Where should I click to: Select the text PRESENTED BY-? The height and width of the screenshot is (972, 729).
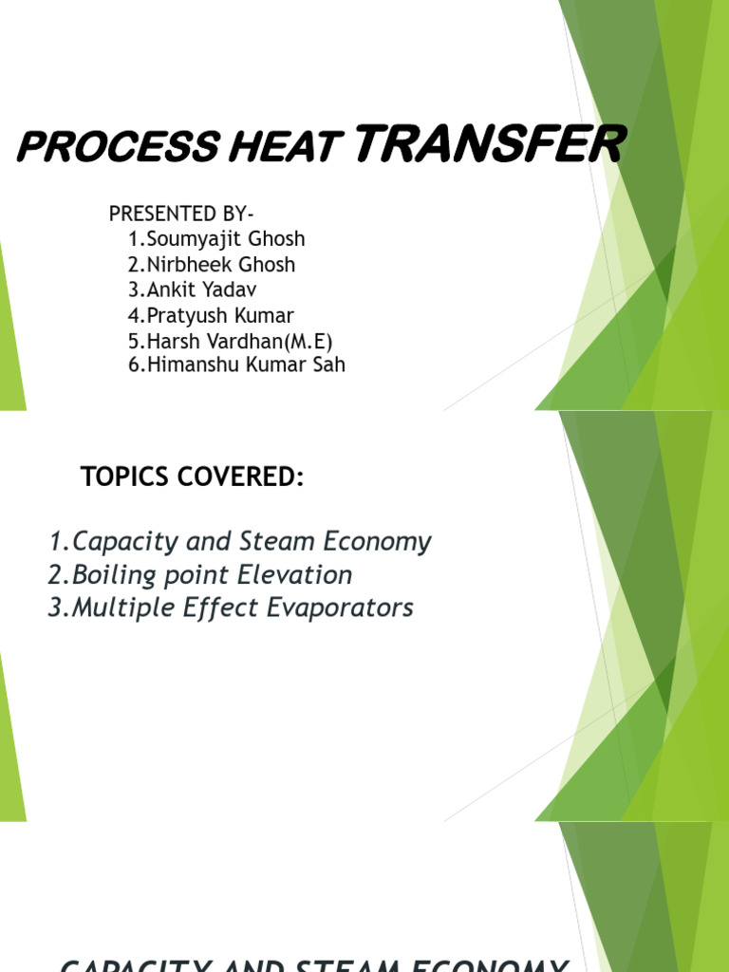pos(181,214)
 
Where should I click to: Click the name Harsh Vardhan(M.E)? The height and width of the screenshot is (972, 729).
pos(230,341)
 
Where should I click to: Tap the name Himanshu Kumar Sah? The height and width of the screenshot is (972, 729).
pos(236,364)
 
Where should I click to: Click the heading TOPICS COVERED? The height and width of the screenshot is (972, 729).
pos(193,478)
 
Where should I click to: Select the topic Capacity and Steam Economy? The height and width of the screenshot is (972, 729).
pos(240,542)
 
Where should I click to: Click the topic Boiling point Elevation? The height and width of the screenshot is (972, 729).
pos(200,575)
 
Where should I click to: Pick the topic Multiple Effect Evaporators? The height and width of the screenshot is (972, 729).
pos(231,607)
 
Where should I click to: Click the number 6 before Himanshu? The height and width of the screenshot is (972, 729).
pos(134,364)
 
